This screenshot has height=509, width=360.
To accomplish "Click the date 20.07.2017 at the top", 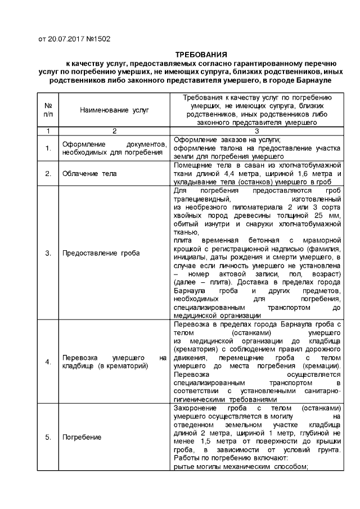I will point(65,39).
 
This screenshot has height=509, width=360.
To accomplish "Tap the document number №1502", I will point(97,39).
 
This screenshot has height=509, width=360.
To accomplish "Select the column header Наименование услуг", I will point(114,110).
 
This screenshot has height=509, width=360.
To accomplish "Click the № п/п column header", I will point(48,110).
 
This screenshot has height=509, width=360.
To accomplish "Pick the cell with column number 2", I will point(114,130).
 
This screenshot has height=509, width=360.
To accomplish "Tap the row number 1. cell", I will point(48,148).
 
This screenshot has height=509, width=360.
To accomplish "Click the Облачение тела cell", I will point(89,174).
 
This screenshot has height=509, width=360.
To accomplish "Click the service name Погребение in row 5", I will point(82,437).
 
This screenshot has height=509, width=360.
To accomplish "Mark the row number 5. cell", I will point(48,437).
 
